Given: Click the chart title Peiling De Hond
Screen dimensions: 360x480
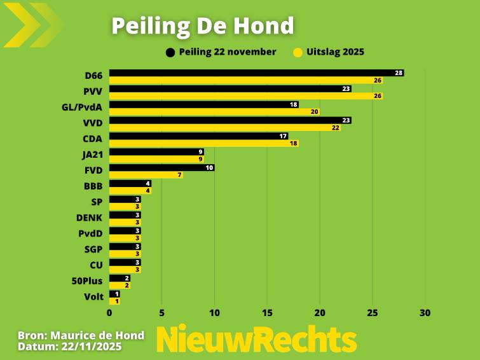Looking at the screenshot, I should coord(203,25).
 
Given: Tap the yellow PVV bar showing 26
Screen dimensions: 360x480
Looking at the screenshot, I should coord(245,96).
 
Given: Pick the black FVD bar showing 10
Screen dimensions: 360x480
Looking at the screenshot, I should coord(161,168).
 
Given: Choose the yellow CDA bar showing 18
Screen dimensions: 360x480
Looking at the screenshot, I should coord(203,144).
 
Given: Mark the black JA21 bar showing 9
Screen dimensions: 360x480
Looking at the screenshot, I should coord(156,152).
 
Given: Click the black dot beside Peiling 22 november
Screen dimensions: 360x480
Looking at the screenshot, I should coord(170,52).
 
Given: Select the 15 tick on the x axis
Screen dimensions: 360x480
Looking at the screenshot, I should coord(267,313).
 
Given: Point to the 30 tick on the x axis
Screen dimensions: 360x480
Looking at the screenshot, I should coord(425,313).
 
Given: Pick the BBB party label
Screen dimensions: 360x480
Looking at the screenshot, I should coord(93,186).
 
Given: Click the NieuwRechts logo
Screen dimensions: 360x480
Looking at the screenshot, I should coord(257,340).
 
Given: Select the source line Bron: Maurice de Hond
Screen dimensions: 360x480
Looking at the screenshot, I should coord(81,335).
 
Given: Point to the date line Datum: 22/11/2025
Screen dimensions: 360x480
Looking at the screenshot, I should coord(69,347).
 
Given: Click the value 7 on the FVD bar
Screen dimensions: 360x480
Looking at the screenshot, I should coord(180,175).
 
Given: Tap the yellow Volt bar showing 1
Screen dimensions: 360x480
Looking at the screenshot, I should coord(114,301).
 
